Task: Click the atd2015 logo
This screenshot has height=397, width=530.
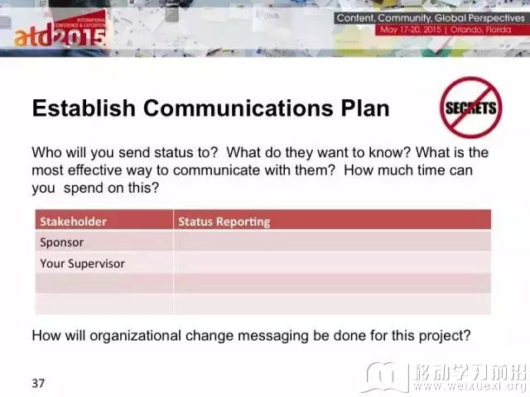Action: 60,31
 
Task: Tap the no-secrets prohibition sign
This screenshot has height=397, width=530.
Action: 471,108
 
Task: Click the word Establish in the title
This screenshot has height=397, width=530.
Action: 84,108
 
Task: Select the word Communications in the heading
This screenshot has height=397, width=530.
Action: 238,108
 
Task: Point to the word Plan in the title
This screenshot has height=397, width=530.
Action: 365,108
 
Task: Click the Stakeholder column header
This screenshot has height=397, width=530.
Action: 74,222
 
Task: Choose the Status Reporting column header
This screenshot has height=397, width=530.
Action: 224,222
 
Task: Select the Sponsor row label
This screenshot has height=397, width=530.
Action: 62,242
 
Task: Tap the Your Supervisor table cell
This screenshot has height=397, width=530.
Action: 83,263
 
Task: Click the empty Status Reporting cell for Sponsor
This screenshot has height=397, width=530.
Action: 332,242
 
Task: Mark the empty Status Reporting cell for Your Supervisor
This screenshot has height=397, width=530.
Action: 332,263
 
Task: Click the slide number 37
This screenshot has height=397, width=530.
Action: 38,383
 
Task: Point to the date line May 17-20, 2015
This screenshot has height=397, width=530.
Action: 411,30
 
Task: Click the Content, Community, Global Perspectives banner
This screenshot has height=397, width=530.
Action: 431,18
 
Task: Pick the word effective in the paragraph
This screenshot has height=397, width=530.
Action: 95,170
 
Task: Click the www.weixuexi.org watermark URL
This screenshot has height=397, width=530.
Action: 470,385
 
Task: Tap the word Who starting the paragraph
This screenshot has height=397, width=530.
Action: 46,152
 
